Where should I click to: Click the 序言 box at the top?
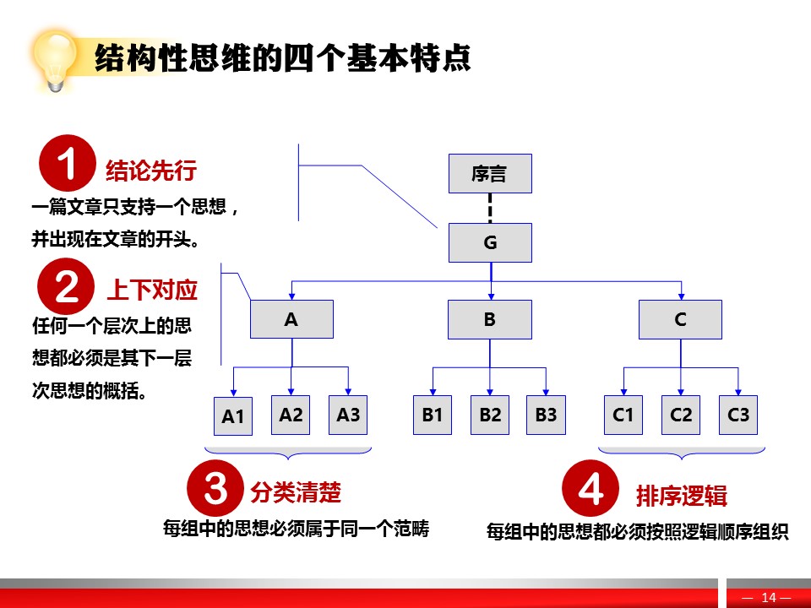[x=490, y=173]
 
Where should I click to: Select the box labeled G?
[x=490, y=242]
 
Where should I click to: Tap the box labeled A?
[x=291, y=319]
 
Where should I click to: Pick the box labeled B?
[x=490, y=319]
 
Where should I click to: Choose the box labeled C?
[x=680, y=319]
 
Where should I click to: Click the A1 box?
[x=233, y=416]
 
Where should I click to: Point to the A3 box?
[x=348, y=415]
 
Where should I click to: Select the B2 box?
[x=490, y=415]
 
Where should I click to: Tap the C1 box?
[x=623, y=415]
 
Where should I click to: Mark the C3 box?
[x=738, y=415]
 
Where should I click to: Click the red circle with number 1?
[x=68, y=163]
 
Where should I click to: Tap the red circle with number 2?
[x=66, y=286]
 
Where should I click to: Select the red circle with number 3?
[x=215, y=487]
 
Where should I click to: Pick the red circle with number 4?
[x=591, y=488]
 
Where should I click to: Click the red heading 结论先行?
[x=151, y=170]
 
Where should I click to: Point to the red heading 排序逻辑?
[x=681, y=496]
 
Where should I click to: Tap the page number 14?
[x=769, y=598]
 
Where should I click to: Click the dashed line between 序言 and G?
[x=490, y=209]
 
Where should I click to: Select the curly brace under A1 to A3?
[x=288, y=453]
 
